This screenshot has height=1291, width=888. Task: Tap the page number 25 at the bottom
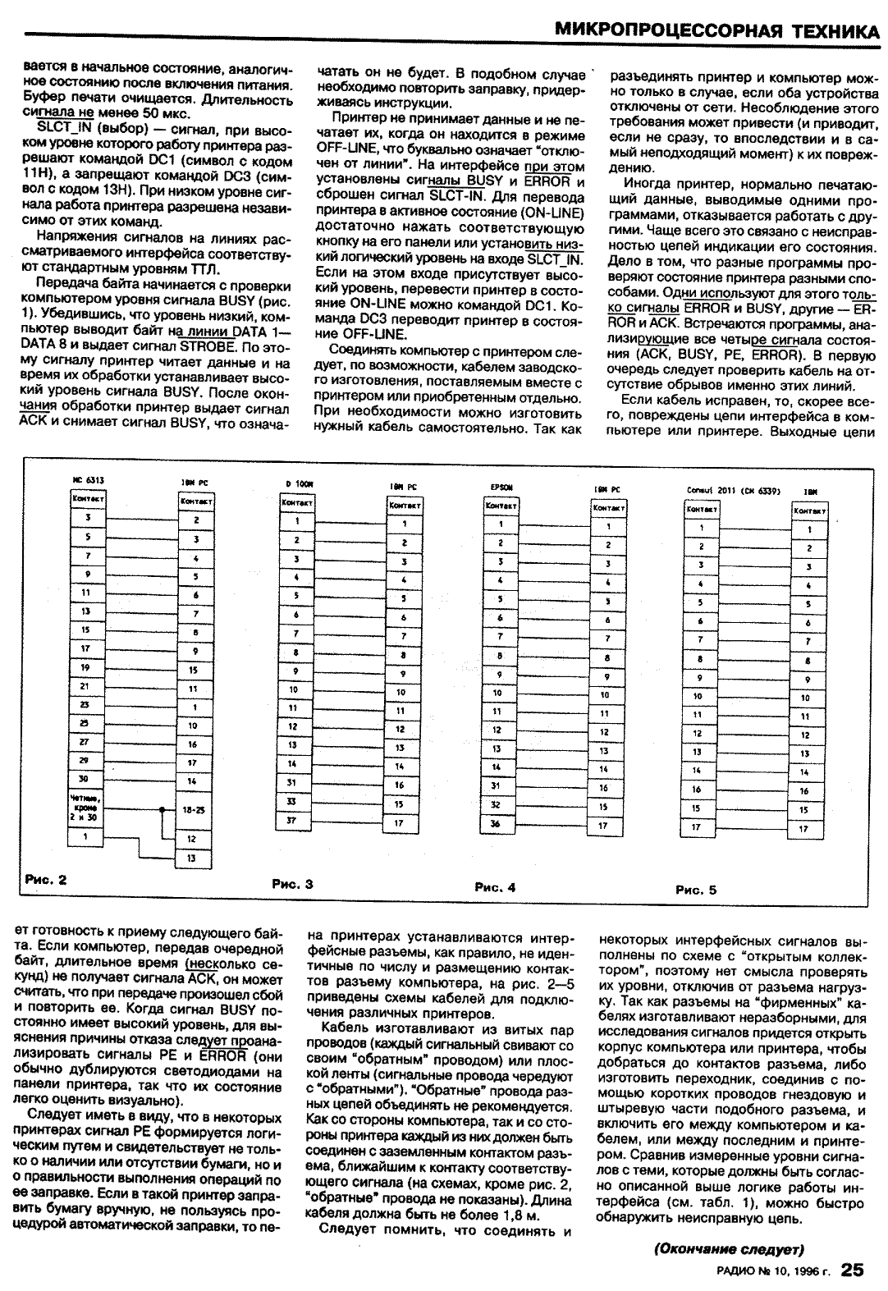tap(852, 1270)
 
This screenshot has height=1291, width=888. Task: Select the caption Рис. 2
tap(45, 880)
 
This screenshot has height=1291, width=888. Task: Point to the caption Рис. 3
tap(292, 885)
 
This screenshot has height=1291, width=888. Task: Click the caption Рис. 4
tap(495, 887)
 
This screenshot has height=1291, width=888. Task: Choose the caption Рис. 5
tap(696, 890)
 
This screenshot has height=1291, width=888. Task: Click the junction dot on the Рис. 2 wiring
tap(162, 810)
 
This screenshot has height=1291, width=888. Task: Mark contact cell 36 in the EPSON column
tap(496, 823)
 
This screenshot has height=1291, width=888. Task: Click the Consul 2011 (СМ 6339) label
tap(732, 491)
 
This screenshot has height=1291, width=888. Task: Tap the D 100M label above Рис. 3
tap(295, 484)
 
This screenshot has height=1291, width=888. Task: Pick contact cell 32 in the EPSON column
tap(496, 805)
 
